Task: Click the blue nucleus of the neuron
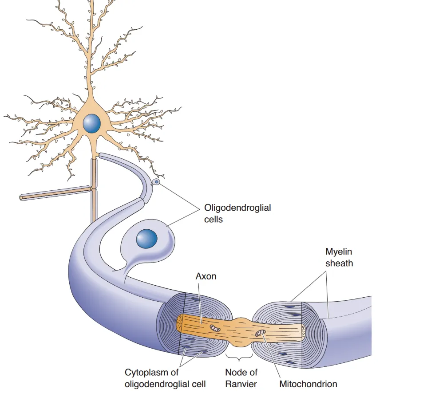click(92, 123)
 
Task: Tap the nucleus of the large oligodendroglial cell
click(146, 239)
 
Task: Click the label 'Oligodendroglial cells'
click(237, 212)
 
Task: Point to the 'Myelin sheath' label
click(339, 257)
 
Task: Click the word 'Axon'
click(206, 276)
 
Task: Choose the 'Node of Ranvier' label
click(241, 378)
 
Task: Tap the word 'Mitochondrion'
click(308, 384)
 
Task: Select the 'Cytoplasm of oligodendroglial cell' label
click(165, 378)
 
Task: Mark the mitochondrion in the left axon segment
click(215, 329)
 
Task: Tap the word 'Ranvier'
click(241, 384)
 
